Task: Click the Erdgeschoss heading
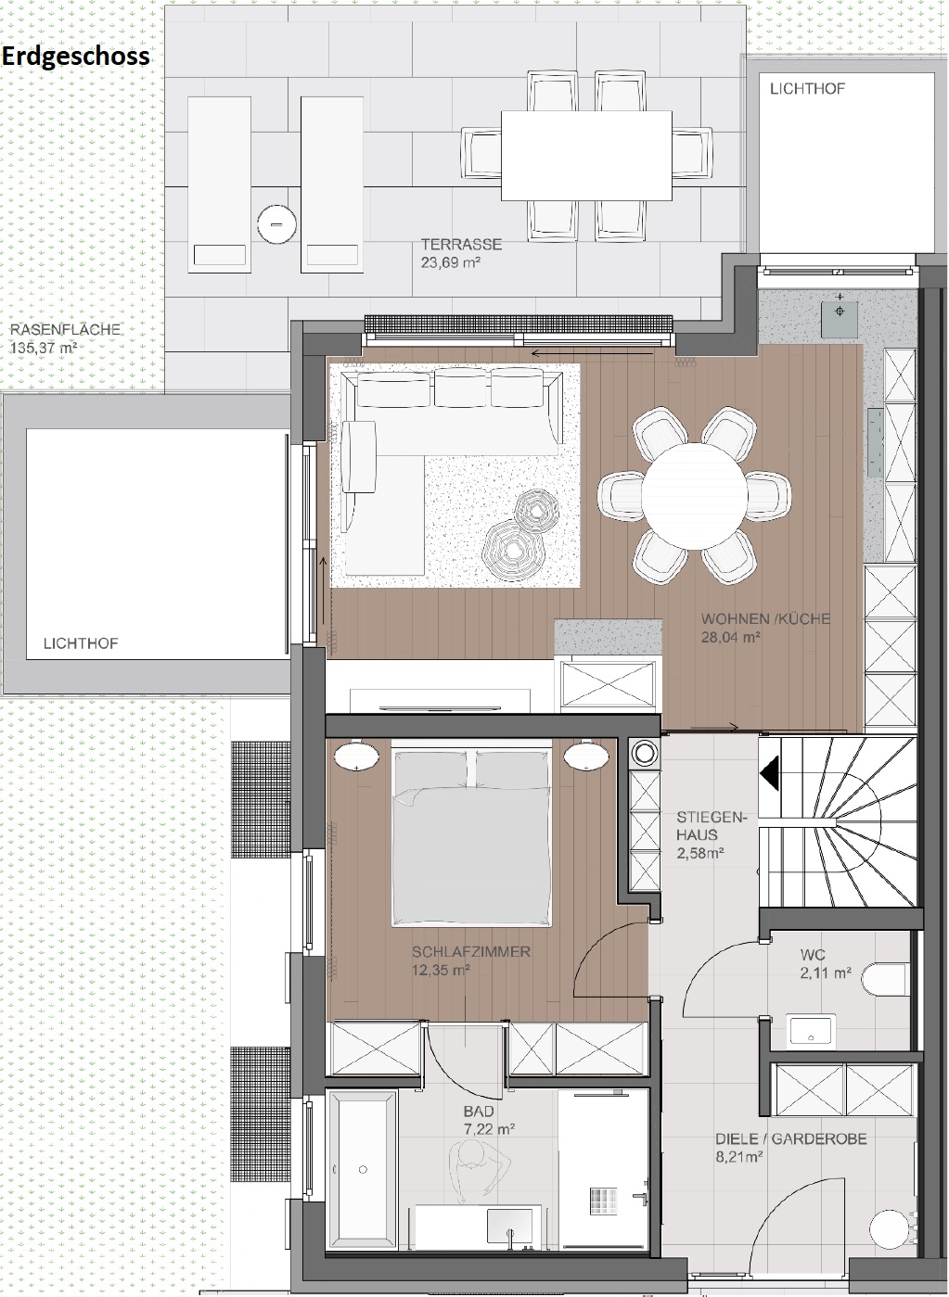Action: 76,57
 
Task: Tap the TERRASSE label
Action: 461,244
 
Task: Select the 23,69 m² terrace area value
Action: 451,262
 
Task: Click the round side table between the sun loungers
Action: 277,223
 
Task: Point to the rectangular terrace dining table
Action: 586,156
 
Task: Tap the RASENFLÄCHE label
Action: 66,329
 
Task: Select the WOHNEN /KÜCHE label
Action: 765,618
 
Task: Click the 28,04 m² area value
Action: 731,638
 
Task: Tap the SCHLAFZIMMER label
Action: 471,951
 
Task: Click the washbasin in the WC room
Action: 811,1031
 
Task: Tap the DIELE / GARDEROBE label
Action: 790,1138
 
